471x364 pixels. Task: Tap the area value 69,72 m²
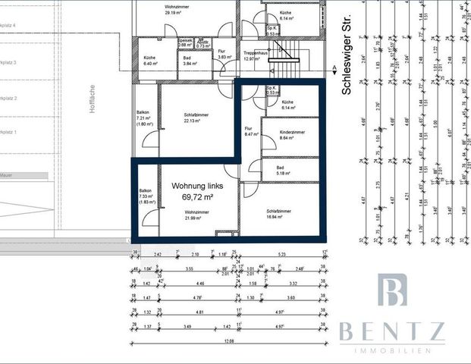coord(197,197)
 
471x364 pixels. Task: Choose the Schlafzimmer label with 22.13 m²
coord(196,115)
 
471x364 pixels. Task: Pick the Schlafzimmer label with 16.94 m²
coord(280,212)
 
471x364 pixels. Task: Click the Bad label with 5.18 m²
coord(281,168)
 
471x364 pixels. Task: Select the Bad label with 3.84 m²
coord(187,58)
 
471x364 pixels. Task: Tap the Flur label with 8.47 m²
coord(248,129)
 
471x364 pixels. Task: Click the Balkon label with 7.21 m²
coord(144,113)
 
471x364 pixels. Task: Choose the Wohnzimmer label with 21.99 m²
coord(196,212)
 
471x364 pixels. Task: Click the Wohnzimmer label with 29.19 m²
coord(175,7)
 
